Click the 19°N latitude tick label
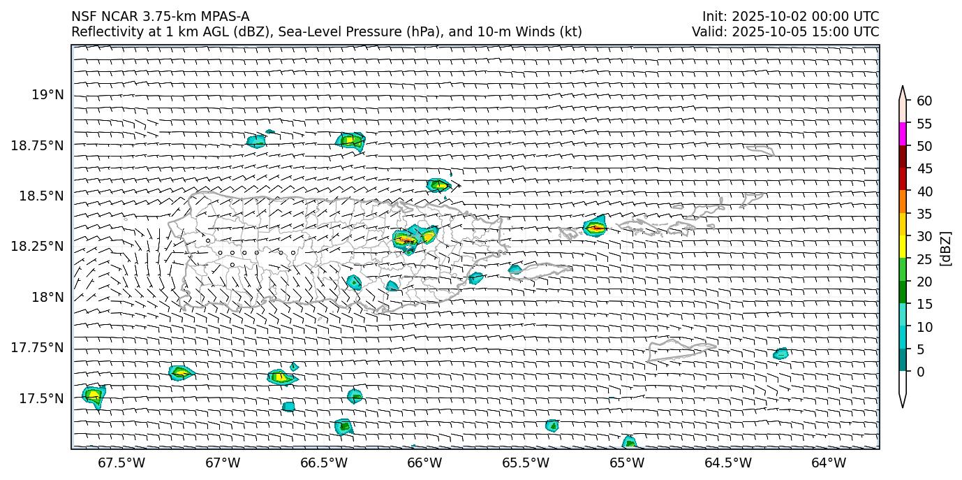(48, 95)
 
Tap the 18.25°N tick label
(38, 247)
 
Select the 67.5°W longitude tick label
(121, 463)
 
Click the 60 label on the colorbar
(924, 101)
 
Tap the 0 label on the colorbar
(919, 372)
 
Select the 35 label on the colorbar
(924, 214)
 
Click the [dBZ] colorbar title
(947, 248)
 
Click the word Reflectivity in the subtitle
(101, 31)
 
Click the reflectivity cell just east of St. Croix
(780, 354)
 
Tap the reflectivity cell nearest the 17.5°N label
(93, 395)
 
